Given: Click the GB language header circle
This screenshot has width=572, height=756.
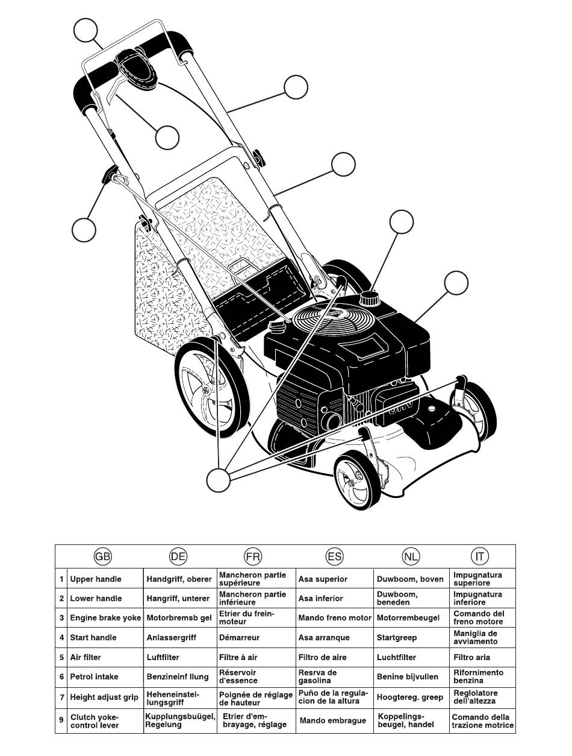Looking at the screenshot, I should (104, 556).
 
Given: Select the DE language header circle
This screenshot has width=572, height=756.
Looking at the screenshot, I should (178, 556).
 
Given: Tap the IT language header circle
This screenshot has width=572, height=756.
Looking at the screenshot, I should (480, 556).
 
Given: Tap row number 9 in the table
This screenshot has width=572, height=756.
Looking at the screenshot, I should (61, 721).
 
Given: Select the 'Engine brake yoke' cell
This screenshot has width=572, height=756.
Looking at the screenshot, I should (105, 618).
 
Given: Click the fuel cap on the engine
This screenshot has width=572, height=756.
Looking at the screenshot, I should (368, 298).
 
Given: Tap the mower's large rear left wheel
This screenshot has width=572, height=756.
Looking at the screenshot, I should (212, 386).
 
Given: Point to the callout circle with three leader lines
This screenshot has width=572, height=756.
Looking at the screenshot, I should (218, 480).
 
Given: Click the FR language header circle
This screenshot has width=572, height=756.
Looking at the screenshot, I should (253, 556).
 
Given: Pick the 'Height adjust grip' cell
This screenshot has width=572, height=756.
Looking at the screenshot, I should (104, 697).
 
